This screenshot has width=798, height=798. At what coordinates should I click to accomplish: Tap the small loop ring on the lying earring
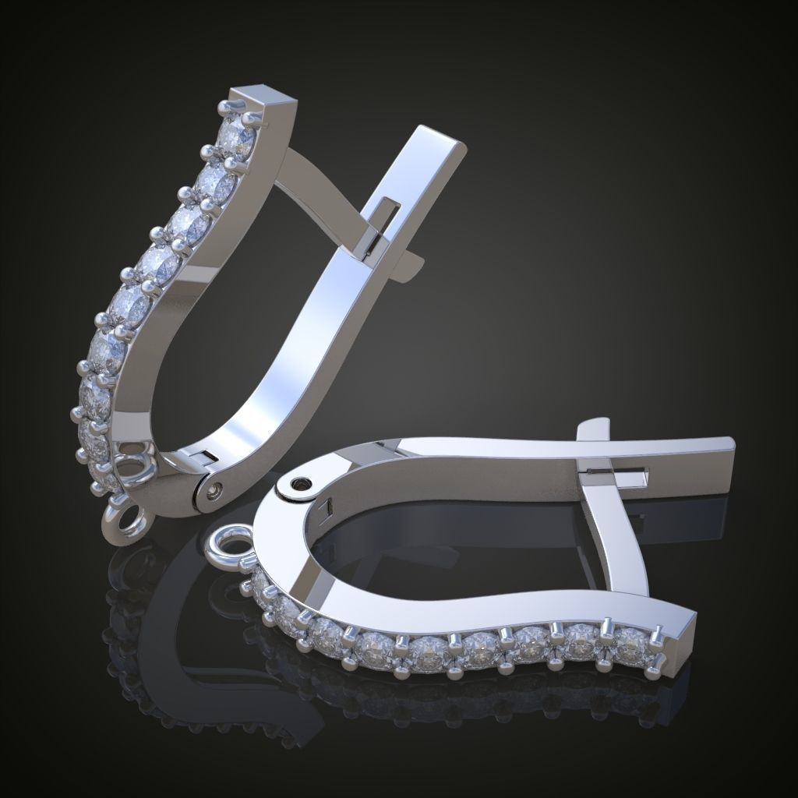point(228,543)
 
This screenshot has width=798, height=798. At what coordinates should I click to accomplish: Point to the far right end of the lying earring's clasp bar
point(729,447)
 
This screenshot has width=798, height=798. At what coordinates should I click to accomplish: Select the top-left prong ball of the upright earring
point(225,104)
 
